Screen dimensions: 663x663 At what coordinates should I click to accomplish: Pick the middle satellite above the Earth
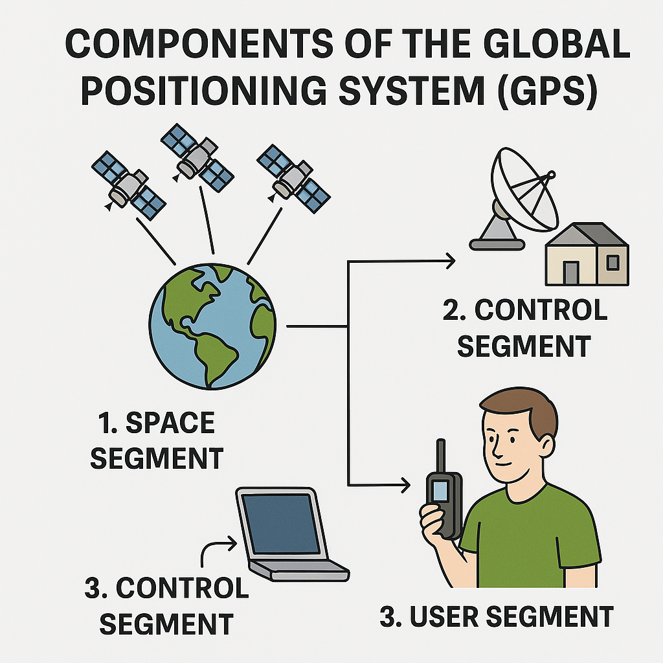(197, 155)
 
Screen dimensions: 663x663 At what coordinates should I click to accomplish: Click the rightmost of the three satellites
(293, 178)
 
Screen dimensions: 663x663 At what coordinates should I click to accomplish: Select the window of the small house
(612, 262)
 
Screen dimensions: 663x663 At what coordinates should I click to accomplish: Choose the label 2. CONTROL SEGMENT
(524, 328)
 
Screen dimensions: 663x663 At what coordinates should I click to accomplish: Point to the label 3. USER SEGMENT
(496, 616)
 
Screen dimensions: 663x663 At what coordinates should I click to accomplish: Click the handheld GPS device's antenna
(440, 456)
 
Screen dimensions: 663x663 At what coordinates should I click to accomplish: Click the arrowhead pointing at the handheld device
(406, 484)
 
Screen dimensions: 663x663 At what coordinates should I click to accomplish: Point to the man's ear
(545, 445)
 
